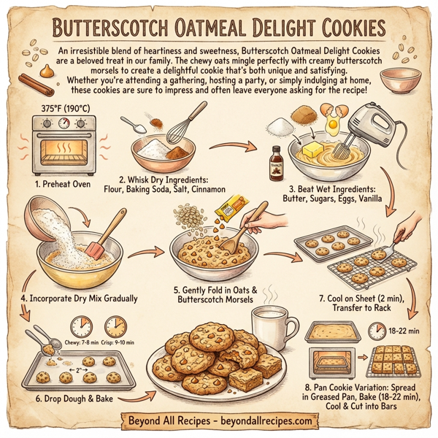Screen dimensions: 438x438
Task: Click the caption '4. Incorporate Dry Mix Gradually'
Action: tap(79, 297)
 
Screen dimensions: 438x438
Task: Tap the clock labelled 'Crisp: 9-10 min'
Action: tap(116, 326)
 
